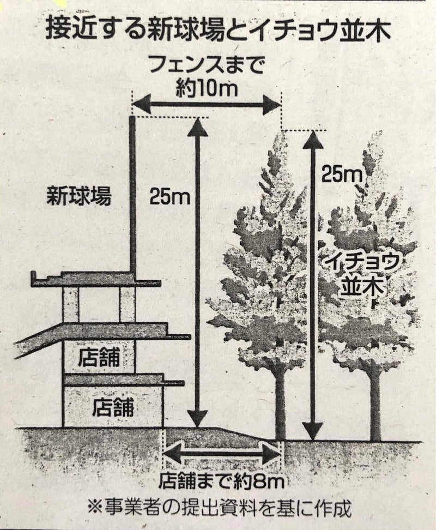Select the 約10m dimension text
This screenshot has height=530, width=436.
[x=207, y=87]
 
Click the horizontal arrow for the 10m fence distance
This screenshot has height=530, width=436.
[x=207, y=104]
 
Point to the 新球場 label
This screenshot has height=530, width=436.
[x=79, y=196]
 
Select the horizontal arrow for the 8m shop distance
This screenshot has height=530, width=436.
[x=222, y=451]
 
